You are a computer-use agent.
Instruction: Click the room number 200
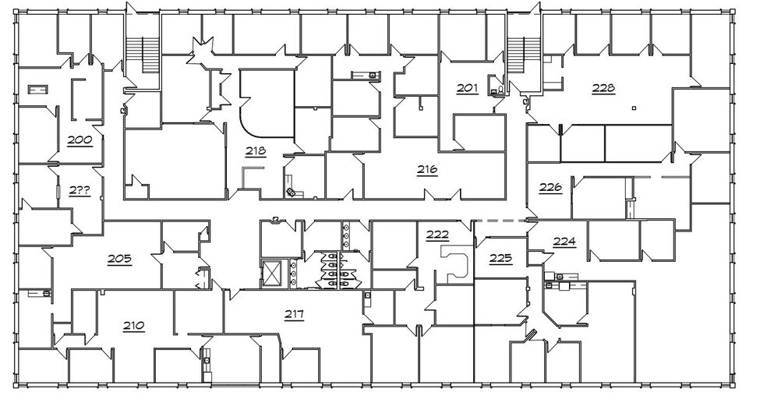point(80,140)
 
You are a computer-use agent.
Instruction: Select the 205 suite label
point(119,259)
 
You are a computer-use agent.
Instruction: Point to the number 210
point(133,325)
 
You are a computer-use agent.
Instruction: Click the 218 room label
point(256,151)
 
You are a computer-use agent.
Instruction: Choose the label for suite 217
point(294,314)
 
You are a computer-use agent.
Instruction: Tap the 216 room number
point(426,169)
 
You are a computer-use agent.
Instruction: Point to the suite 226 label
point(550,187)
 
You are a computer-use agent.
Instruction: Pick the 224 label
point(564,242)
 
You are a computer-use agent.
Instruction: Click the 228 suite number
point(603,88)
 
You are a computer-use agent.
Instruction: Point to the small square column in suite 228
point(635,107)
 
